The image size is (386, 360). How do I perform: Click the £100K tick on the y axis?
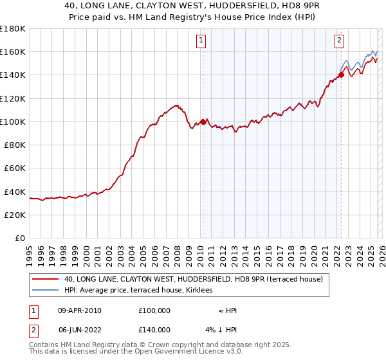point(13,122)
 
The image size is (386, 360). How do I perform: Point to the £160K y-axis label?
point(13,52)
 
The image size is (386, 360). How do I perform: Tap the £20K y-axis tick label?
point(15,215)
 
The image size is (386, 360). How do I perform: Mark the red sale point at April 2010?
point(203,122)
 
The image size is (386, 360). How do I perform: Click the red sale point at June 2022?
point(341,75)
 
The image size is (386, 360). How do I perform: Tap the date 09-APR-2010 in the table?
point(80,310)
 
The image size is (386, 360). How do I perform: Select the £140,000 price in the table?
point(154,330)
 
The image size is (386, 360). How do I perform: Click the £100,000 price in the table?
point(154,310)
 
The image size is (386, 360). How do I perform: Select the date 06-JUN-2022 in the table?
point(80,330)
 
